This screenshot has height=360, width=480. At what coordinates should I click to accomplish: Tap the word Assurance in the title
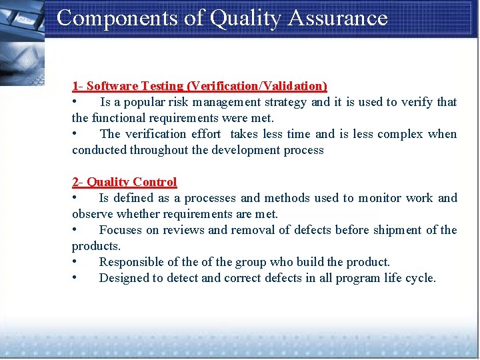coord(337,18)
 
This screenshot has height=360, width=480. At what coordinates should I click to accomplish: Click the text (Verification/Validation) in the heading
coord(257,86)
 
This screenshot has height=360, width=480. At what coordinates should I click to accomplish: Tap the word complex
coord(400,134)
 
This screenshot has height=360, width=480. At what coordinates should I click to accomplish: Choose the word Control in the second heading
coord(155,182)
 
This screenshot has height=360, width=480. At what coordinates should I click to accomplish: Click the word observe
coord(93,214)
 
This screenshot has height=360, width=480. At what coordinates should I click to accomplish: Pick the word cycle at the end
coord(419,278)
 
